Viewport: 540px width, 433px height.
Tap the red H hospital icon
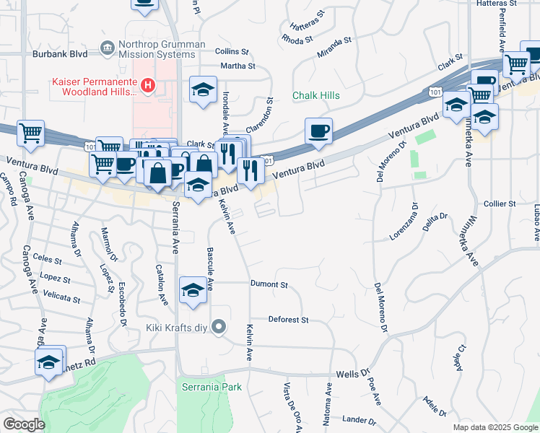pos(148,86)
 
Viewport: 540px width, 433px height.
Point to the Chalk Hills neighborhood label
pos(315,95)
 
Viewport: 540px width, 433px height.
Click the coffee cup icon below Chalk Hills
pos(318,131)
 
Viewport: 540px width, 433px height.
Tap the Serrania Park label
pos(211,387)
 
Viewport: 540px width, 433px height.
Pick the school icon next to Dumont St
pos(193,290)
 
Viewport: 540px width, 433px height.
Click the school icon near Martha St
pos(203,90)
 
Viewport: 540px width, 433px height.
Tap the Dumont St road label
pos(269,284)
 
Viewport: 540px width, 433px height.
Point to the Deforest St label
pos(288,319)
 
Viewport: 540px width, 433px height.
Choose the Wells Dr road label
pos(353,375)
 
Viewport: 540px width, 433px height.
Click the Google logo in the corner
pos(24,424)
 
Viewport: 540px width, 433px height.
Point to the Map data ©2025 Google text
pos(495,427)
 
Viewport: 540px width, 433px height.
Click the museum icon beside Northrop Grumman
pos(108,48)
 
